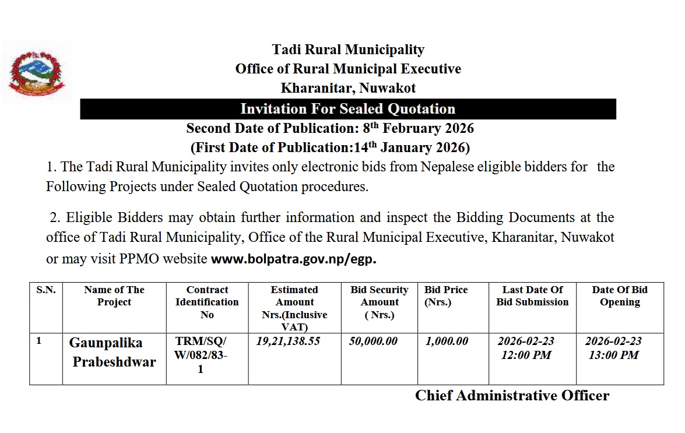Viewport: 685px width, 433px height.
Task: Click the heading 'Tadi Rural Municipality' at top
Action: (x=348, y=50)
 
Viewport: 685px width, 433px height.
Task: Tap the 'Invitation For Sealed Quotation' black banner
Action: (x=348, y=109)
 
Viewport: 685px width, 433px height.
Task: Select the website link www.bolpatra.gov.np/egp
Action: (x=293, y=259)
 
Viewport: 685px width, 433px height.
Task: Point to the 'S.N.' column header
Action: (x=46, y=290)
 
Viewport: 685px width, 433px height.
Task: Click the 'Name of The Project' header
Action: (x=114, y=296)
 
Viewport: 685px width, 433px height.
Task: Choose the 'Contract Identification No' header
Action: (x=207, y=302)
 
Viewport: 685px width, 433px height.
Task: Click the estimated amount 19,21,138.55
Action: (x=288, y=342)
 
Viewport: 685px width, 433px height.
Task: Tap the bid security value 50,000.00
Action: (x=373, y=342)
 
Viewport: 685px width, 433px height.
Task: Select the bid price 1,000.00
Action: (x=447, y=342)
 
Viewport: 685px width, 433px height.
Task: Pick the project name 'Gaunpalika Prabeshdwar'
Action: (x=114, y=352)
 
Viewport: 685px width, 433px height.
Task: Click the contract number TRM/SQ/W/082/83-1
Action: (x=201, y=355)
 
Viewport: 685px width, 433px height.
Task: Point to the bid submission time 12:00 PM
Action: (x=526, y=355)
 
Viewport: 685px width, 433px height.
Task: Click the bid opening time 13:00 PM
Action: (x=613, y=355)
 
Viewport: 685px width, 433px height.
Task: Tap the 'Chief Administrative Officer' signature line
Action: (x=512, y=396)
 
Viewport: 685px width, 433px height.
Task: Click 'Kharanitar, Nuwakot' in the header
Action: (x=348, y=89)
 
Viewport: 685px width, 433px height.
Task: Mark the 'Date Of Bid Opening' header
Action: (x=620, y=296)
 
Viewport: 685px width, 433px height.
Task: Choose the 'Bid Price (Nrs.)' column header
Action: (x=446, y=296)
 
